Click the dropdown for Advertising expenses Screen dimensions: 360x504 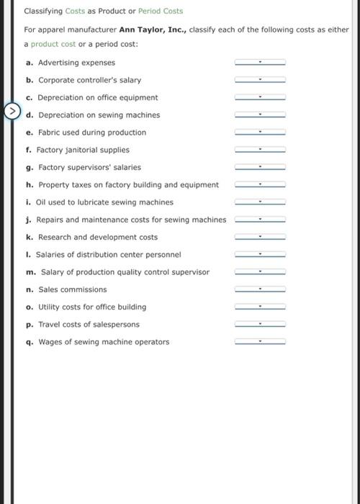(260, 63)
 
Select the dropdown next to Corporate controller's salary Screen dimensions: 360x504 (260, 80)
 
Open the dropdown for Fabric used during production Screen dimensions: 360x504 (260, 132)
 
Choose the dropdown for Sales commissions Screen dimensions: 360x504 (260, 289)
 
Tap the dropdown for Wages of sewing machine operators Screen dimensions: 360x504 (260, 342)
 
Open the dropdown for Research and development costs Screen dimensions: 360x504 (260, 237)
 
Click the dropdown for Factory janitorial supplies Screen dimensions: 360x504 (260, 150)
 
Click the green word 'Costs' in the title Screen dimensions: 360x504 (76, 12)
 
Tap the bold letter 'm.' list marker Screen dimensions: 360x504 (29, 272)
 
